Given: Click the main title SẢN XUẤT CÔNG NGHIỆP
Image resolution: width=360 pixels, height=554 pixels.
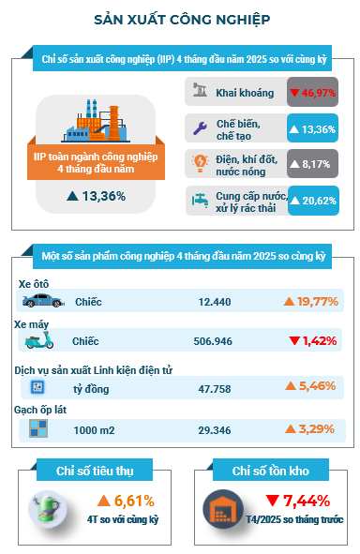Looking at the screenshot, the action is (x=182, y=20).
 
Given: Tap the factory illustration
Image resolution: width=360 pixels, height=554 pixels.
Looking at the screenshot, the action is (x=96, y=121).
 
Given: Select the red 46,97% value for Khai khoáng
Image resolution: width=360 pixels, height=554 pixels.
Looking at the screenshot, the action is (x=313, y=93).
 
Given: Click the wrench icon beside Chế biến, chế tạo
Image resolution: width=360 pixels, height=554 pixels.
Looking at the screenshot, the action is (x=200, y=127).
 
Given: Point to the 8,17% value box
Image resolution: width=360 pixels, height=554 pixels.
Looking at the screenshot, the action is (x=313, y=164).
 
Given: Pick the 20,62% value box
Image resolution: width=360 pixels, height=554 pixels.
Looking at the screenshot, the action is (x=314, y=201).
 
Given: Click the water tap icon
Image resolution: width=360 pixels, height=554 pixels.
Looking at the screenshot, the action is (x=200, y=200).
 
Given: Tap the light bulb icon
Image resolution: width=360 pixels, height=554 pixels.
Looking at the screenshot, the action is (x=200, y=164).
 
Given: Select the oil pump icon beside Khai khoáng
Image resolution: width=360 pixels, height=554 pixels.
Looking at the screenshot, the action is (x=200, y=90).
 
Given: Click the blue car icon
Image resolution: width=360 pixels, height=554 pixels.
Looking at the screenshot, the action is (x=43, y=300).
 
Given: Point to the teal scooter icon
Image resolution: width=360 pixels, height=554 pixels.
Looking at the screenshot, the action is (x=39, y=340).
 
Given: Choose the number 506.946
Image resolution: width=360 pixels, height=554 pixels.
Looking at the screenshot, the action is (x=213, y=341).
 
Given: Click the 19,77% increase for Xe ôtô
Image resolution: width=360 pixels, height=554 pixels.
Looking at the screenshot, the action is (x=311, y=302).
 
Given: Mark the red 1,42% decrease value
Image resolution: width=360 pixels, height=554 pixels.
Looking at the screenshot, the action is (x=313, y=341).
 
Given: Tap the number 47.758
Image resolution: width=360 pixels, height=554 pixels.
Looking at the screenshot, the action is (x=215, y=389).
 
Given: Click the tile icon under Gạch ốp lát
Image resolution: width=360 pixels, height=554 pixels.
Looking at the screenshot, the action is (x=38, y=428).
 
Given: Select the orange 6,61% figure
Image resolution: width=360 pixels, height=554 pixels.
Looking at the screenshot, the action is (x=126, y=501).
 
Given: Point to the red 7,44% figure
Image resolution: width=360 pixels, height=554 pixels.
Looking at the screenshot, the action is (x=297, y=501).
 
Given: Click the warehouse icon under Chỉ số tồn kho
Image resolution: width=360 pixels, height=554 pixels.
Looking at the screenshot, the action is (x=223, y=509).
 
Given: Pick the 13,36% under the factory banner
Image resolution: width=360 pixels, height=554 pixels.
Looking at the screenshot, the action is (x=97, y=196).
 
